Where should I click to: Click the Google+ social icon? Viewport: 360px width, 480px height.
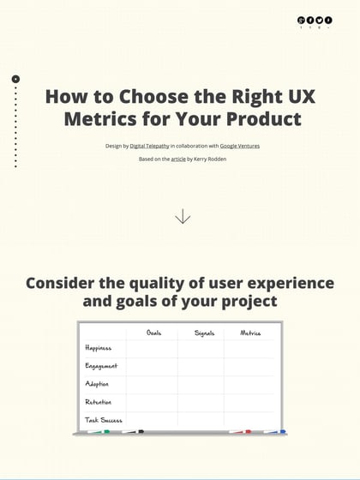[301, 20]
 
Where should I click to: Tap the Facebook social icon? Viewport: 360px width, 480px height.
[310, 20]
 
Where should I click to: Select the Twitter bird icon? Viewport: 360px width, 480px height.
[320, 20]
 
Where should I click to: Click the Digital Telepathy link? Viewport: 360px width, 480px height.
[150, 146]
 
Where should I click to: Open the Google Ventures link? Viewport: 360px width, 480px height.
[240, 146]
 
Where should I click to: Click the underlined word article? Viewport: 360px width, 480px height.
[178, 159]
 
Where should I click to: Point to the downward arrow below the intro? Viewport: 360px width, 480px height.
[183, 217]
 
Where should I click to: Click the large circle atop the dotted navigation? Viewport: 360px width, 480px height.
[15, 79]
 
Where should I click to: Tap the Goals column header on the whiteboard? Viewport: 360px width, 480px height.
[154, 333]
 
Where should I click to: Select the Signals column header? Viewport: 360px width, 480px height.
[204, 333]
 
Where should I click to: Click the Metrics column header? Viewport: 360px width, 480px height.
[250, 333]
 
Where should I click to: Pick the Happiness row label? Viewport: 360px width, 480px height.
[99, 348]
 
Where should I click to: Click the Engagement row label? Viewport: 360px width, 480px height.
[101, 366]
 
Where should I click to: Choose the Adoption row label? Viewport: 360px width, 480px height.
[97, 384]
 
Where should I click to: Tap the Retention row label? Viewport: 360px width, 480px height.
[99, 402]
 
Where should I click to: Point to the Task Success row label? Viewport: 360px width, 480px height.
[104, 420]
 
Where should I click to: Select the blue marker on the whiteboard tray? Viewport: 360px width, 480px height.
[273, 432]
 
